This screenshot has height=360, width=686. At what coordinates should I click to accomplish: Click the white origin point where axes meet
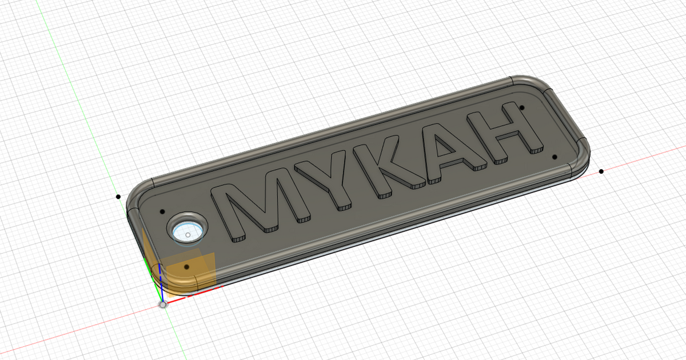[x=163, y=305]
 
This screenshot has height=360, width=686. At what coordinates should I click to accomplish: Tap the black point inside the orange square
[x=186, y=267]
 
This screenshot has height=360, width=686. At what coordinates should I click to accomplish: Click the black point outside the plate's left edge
[x=118, y=197]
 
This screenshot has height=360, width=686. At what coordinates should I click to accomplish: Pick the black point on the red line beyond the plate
[x=601, y=171]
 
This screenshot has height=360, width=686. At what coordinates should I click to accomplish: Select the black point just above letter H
[x=522, y=107]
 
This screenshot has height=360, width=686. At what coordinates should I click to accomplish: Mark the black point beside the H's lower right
[x=553, y=155]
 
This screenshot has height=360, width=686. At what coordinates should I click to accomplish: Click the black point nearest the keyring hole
[x=162, y=211]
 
